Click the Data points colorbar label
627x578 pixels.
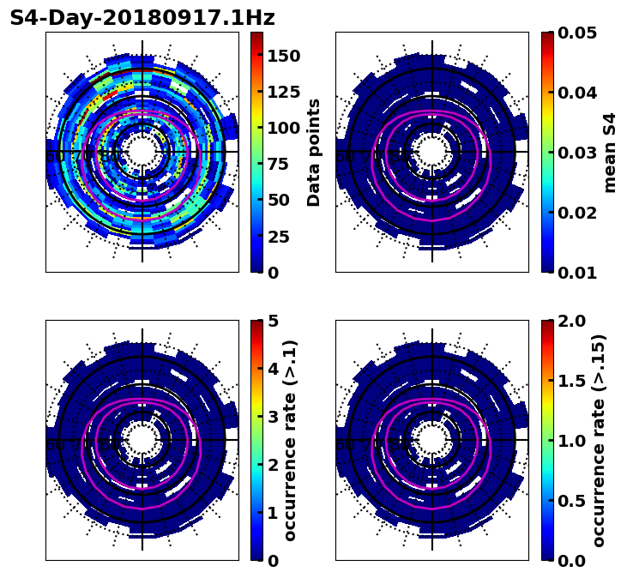[x=315, y=153]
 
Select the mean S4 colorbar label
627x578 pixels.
[x=611, y=153]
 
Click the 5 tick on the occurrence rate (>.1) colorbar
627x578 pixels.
[x=274, y=321]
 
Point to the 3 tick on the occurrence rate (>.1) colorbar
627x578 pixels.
[x=274, y=417]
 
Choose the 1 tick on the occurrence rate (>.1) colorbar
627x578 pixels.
[x=274, y=513]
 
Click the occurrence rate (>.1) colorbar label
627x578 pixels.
[x=292, y=440]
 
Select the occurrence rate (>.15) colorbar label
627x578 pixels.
[x=600, y=440]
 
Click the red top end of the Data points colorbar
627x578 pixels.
[x=256, y=35]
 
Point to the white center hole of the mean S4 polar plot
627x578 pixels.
[x=432, y=152]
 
